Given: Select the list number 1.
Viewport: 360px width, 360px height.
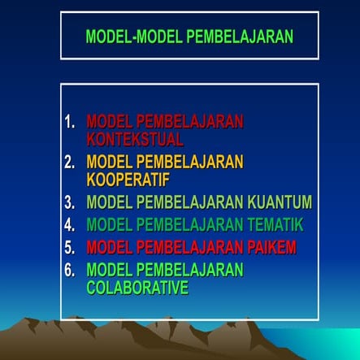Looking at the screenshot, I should [x=71, y=122].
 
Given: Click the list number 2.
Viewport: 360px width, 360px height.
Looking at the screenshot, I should [x=71, y=162].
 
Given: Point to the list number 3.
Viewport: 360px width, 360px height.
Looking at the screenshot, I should [x=71, y=202].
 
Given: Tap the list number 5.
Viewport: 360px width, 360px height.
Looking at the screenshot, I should [x=71, y=246].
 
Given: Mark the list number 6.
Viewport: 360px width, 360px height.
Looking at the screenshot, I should [x=71, y=269].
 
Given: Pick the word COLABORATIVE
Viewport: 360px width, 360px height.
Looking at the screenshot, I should [x=137, y=287].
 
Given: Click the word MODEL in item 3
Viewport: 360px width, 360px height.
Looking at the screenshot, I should [x=108, y=202].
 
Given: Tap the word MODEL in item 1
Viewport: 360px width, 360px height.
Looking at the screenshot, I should [x=108, y=122].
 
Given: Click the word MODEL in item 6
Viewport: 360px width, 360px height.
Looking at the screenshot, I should [x=108, y=269].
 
